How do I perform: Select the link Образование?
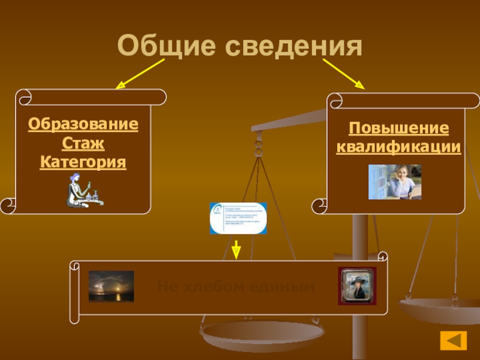[x=83, y=125]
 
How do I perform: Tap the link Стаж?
[x=83, y=144]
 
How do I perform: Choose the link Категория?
[x=83, y=163]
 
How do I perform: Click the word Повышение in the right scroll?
[x=399, y=128]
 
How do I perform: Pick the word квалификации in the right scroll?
[x=399, y=147]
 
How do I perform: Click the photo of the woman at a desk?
[x=395, y=182]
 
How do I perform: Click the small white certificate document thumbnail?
[x=238, y=218]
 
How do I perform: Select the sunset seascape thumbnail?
[x=111, y=286]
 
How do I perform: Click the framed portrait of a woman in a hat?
[x=357, y=286]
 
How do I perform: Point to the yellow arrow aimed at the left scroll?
[x=140, y=74]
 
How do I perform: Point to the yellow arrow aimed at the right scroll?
[x=344, y=74]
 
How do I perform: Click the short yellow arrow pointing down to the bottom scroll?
[x=236, y=250]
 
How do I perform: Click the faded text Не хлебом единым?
[x=236, y=287]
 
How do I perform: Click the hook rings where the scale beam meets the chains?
[x=259, y=144]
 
